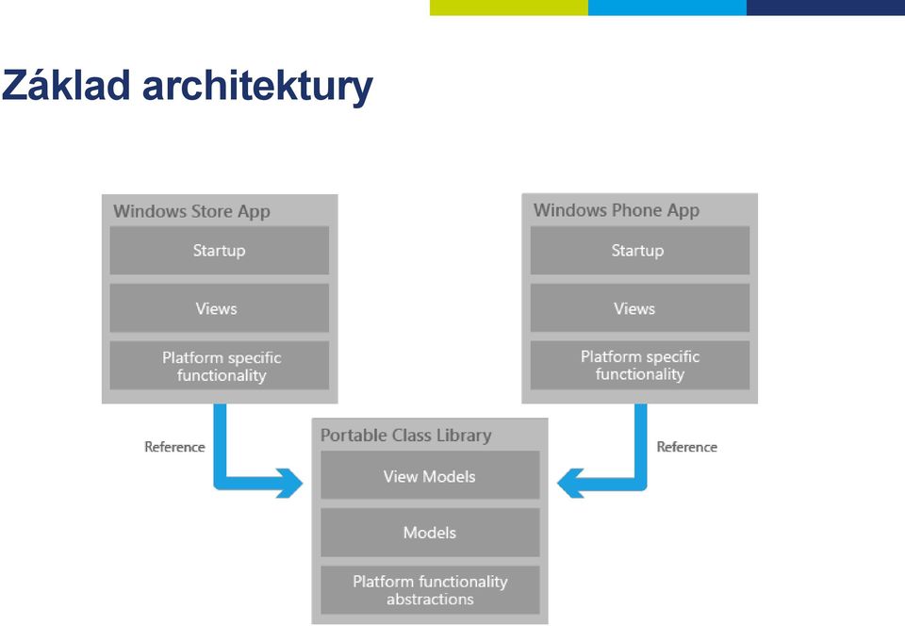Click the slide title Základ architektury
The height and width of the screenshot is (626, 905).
pyautogui.click(x=187, y=87)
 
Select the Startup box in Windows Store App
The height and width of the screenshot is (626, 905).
pyautogui.click(x=220, y=251)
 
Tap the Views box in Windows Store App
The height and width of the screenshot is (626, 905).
pyautogui.click(x=220, y=308)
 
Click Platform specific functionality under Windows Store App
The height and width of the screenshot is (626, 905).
pyautogui.click(x=220, y=366)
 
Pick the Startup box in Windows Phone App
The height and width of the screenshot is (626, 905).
pyautogui.click(x=639, y=251)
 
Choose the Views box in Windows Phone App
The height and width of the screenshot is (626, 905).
pyautogui.click(x=639, y=308)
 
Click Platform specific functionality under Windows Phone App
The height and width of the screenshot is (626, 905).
pyautogui.click(x=639, y=365)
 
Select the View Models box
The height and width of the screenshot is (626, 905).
pyautogui.click(x=430, y=475)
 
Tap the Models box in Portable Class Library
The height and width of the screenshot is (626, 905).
pyautogui.click(x=430, y=533)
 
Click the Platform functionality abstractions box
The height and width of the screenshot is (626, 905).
pyautogui.click(x=430, y=589)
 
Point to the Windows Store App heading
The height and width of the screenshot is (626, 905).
pyautogui.click(x=191, y=211)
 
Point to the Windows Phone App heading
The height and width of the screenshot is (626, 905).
pyautogui.click(x=617, y=210)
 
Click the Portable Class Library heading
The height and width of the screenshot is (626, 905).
pyautogui.click(x=405, y=435)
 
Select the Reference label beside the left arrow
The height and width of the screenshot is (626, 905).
pyautogui.click(x=174, y=447)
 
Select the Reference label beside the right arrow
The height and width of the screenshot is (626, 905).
pyautogui.click(x=687, y=447)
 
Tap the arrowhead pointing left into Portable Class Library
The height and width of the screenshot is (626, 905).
pyautogui.click(x=570, y=483)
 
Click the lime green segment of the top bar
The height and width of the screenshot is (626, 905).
pyautogui.click(x=508, y=8)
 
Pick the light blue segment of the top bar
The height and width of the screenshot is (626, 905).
pyautogui.click(x=667, y=8)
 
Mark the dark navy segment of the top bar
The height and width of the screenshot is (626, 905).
pyautogui.click(x=826, y=8)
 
